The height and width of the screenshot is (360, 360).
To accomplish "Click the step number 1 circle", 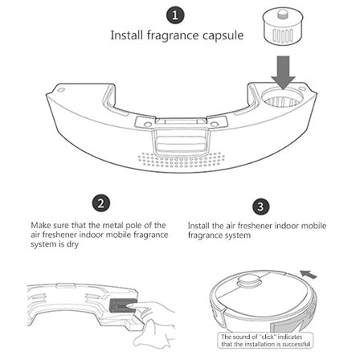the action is point(175,15).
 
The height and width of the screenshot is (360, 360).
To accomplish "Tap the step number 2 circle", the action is point(101,203).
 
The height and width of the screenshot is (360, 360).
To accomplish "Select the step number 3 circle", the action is point(260,207).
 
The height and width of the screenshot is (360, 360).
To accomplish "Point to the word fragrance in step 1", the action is point(172,35).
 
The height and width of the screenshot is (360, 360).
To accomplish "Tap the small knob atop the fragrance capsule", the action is point(281,14).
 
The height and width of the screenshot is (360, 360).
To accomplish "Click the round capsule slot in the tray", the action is point(282,98).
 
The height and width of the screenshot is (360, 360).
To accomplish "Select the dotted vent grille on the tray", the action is point(182,159).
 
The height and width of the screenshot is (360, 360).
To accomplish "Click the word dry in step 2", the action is point(72,244).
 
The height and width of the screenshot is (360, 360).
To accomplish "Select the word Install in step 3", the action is point(198,226).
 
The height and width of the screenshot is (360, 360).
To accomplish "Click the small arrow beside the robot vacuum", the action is point(309,274).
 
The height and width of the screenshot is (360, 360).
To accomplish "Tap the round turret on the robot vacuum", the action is point(249,280).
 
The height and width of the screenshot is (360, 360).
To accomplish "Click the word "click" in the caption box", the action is point(268,337).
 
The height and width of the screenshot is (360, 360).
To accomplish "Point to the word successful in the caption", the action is point(297,344).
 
